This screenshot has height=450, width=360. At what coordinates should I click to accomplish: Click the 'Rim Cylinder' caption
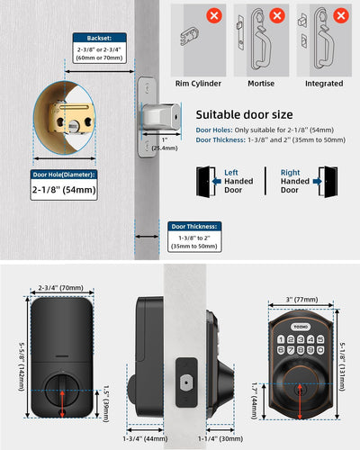click(x=197, y=84)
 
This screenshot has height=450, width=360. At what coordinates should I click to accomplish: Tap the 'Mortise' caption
click(x=260, y=84)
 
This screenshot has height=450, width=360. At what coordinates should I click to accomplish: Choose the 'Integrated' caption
click(x=323, y=84)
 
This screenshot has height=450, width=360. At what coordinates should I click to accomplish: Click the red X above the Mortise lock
click(x=278, y=15)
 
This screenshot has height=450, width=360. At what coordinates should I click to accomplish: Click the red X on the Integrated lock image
click(x=341, y=15)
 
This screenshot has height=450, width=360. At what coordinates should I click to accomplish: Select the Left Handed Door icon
click(x=207, y=178)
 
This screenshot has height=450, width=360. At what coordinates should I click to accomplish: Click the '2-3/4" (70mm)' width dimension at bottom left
click(x=63, y=288)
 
